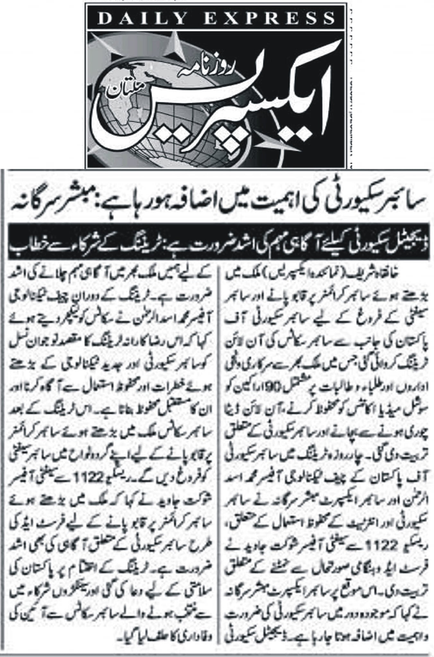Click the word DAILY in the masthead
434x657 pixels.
[x=143, y=19]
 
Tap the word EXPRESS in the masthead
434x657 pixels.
[x=269, y=19]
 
